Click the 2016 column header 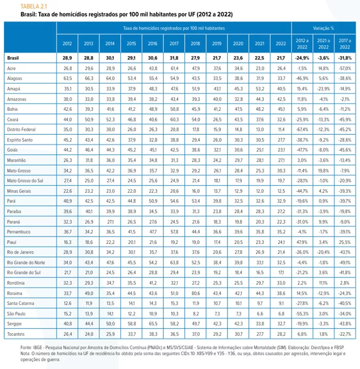pos(152,43)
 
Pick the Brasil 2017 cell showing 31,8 pos(173,58)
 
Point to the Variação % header pos(323,28)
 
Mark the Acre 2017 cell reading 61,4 pos(173,68)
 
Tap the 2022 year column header pos(280,43)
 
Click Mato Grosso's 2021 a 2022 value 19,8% pos(323,170)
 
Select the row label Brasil pos(13,58)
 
